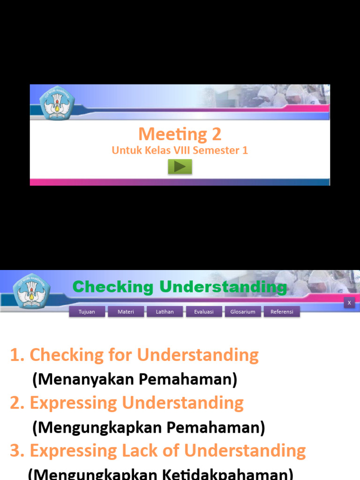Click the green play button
[180, 166]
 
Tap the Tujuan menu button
[87, 312]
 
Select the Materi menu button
[126, 312]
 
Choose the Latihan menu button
[165, 312]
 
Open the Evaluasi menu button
[204, 312]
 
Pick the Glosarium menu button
[243, 312]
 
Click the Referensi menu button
[282, 312]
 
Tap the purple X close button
[349, 303]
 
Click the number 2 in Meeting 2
[216, 135]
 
